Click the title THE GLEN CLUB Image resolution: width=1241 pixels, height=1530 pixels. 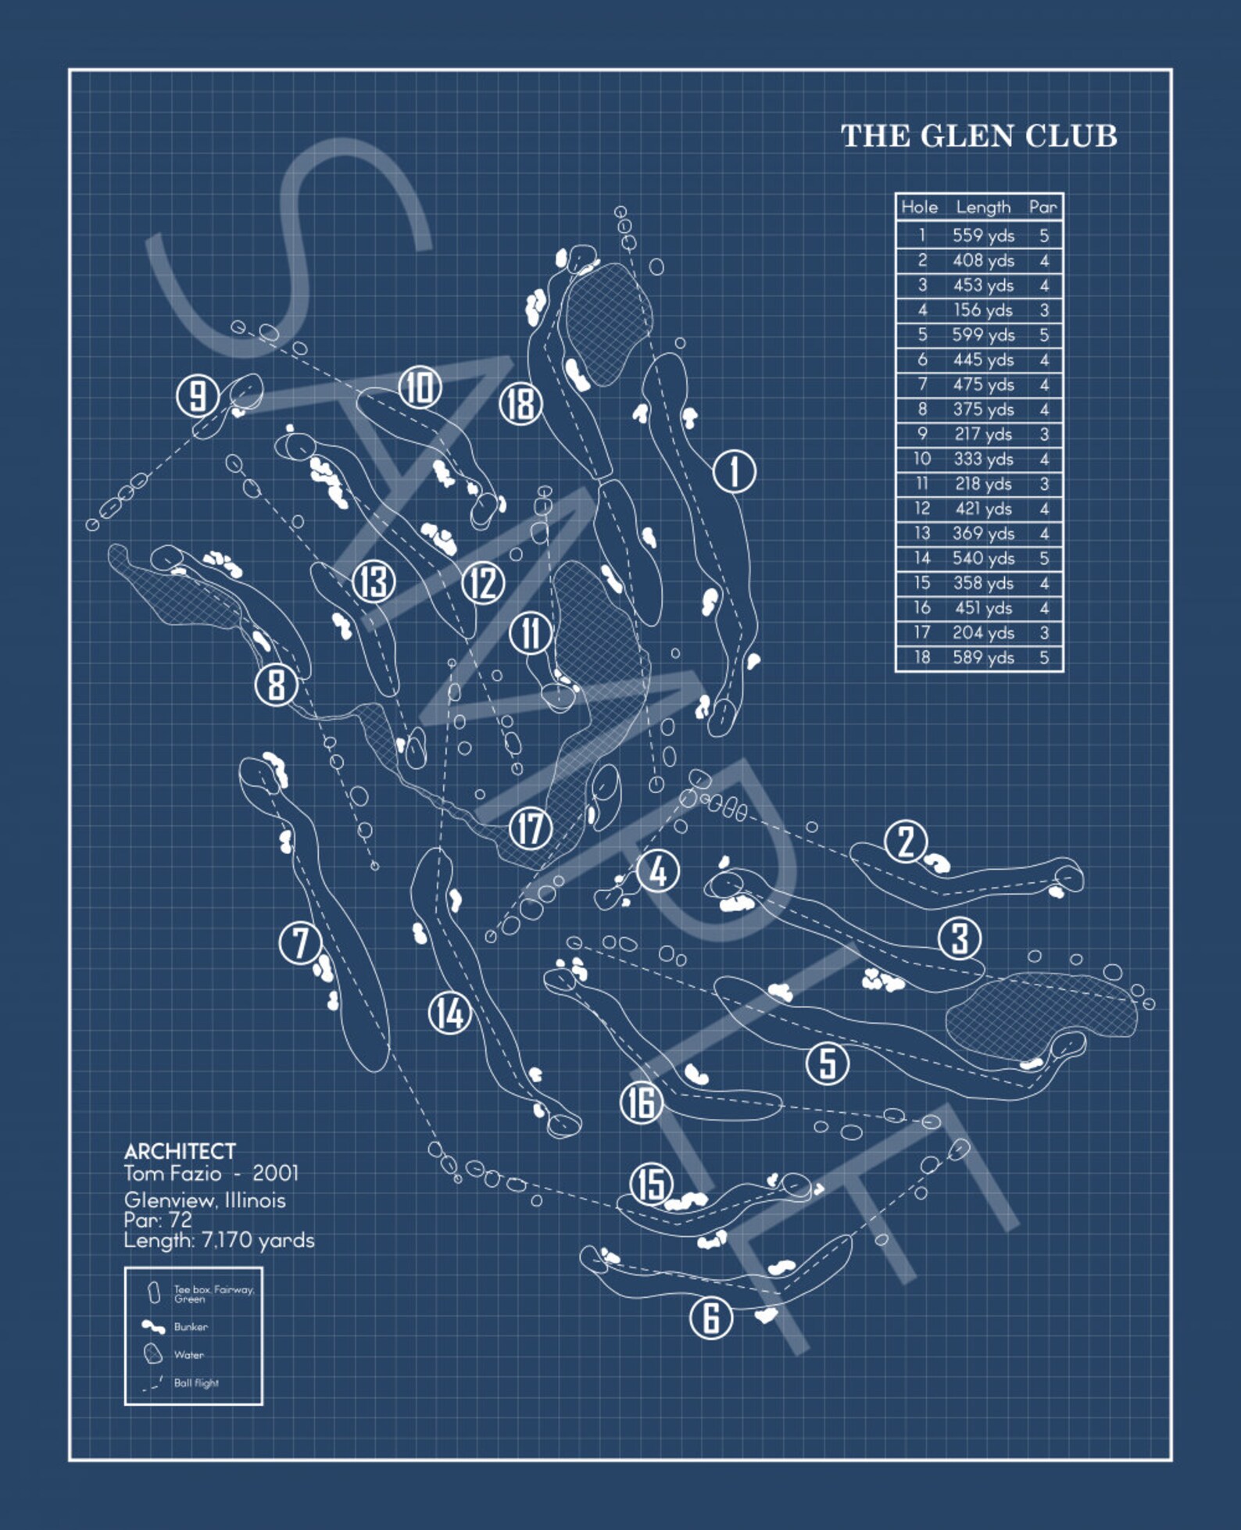click(978, 136)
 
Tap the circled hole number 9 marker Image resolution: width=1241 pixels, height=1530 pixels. click(197, 395)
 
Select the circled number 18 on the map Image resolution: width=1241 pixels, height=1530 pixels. click(520, 404)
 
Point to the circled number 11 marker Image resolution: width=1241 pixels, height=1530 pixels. click(531, 632)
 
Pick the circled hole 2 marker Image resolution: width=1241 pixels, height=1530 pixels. click(906, 842)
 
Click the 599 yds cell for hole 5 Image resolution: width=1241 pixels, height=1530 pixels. click(983, 334)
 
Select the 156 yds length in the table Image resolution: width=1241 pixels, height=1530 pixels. click(983, 310)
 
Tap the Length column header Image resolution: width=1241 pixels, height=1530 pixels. click(983, 207)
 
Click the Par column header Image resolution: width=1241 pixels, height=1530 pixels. click(1043, 207)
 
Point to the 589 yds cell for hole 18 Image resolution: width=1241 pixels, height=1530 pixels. click(983, 657)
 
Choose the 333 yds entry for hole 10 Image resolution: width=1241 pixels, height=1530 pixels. click(983, 459)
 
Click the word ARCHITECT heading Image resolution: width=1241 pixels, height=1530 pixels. click(180, 1151)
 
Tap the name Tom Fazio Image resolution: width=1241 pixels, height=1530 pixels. click(172, 1173)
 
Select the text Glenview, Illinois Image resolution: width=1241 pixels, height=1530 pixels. click(205, 1200)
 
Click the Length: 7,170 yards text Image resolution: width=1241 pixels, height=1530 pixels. click(219, 1240)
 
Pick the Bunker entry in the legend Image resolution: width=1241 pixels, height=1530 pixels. click(190, 1327)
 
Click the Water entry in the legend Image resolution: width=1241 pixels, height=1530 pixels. click(188, 1355)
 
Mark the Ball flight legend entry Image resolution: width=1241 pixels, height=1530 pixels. click(195, 1383)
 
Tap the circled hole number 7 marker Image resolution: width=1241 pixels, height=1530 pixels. click(300, 942)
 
